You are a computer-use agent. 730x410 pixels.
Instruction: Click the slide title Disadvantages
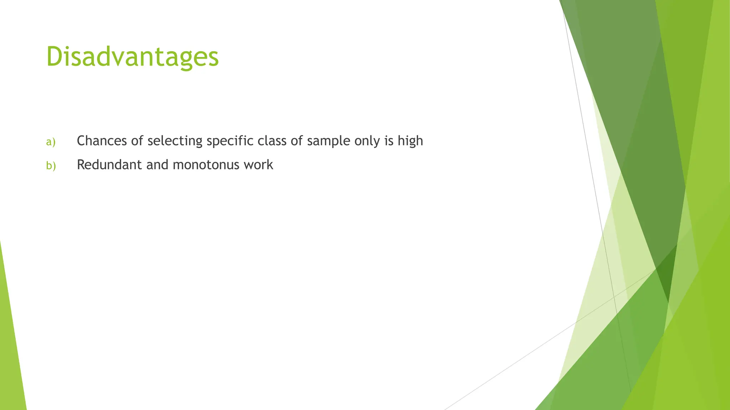[x=132, y=57]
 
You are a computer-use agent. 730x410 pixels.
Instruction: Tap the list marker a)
[x=51, y=142]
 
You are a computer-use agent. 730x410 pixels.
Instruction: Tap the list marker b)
[x=51, y=165]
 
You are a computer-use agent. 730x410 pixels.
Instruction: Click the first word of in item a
[x=137, y=141]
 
